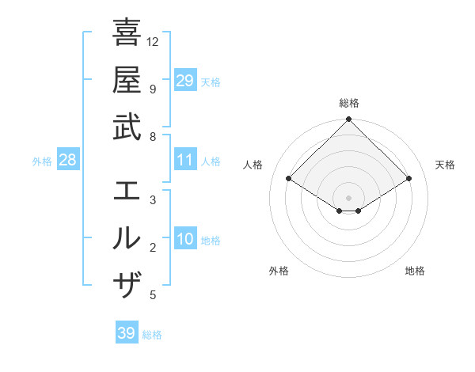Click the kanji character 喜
[127, 33]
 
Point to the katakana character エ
[127, 191]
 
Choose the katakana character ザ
[127, 283]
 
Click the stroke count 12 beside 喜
[153, 41]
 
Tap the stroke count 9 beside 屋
[153, 88]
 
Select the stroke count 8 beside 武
[153, 136]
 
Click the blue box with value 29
[185, 81]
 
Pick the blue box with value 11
[185, 161]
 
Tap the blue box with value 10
[185, 240]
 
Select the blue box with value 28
[68, 161]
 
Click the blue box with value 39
[127, 333]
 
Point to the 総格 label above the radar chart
[349, 103]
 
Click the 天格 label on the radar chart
[445, 165]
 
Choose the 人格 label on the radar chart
[253, 165]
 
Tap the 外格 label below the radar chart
[279, 271]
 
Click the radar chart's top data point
[349, 120]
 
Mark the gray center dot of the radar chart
[349, 197]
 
